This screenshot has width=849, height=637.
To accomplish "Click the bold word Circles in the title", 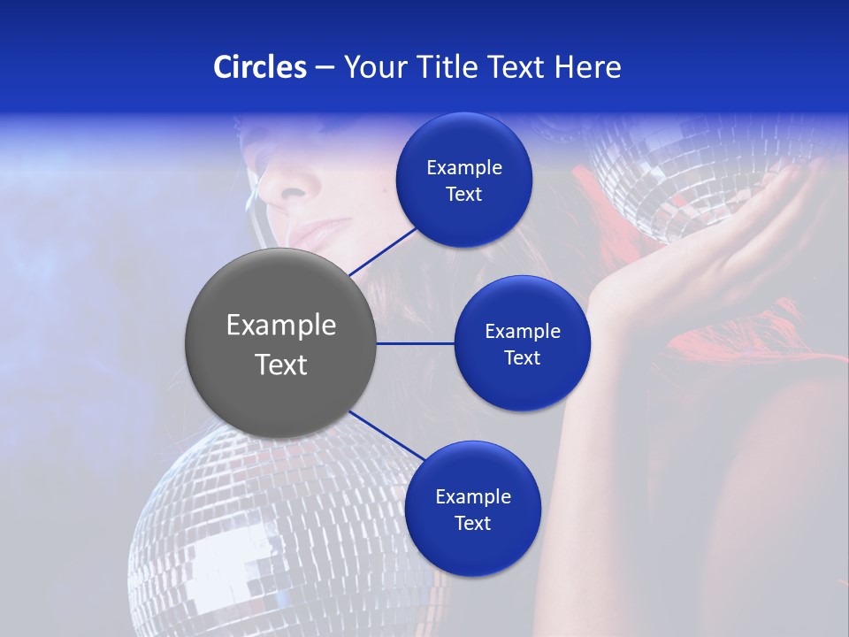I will pyautogui.click(x=260, y=67).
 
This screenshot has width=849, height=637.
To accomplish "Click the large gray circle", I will pyautogui.click(x=281, y=343).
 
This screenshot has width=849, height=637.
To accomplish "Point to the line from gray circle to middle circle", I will pyautogui.click(x=416, y=343).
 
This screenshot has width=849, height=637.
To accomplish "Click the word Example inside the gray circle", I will pyautogui.click(x=281, y=326).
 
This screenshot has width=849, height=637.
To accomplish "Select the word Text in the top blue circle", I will pyautogui.click(x=464, y=195).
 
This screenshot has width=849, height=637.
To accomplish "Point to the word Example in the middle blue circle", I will pyautogui.click(x=522, y=332).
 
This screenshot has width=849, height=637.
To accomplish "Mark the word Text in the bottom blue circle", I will pyautogui.click(x=472, y=524).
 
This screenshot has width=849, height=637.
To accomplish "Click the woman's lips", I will pyautogui.click(x=311, y=234).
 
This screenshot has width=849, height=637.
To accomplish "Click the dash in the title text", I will pyautogui.click(x=325, y=68).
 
